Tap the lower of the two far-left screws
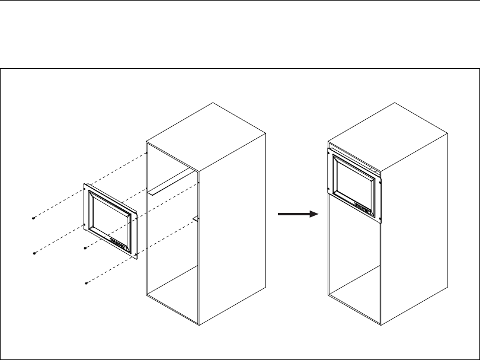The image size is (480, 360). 35,253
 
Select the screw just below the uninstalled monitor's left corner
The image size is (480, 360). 85,248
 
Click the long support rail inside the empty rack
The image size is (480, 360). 170,184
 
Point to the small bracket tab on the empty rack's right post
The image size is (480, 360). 196,219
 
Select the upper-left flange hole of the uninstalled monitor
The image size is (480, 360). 87,188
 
